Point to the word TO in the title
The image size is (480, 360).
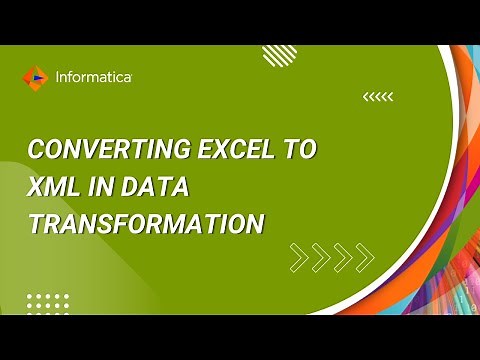click(x=300, y=151)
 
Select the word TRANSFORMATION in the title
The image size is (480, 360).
click(x=146, y=224)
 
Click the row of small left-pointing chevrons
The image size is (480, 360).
click(x=378, y=97)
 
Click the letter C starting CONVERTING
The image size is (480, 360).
click(x=36, y=151)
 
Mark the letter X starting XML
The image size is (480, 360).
click(x=37, y=187)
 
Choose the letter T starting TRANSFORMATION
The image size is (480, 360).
click(x=36, y=224)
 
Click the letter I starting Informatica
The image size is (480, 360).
click(x=57, y=76)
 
